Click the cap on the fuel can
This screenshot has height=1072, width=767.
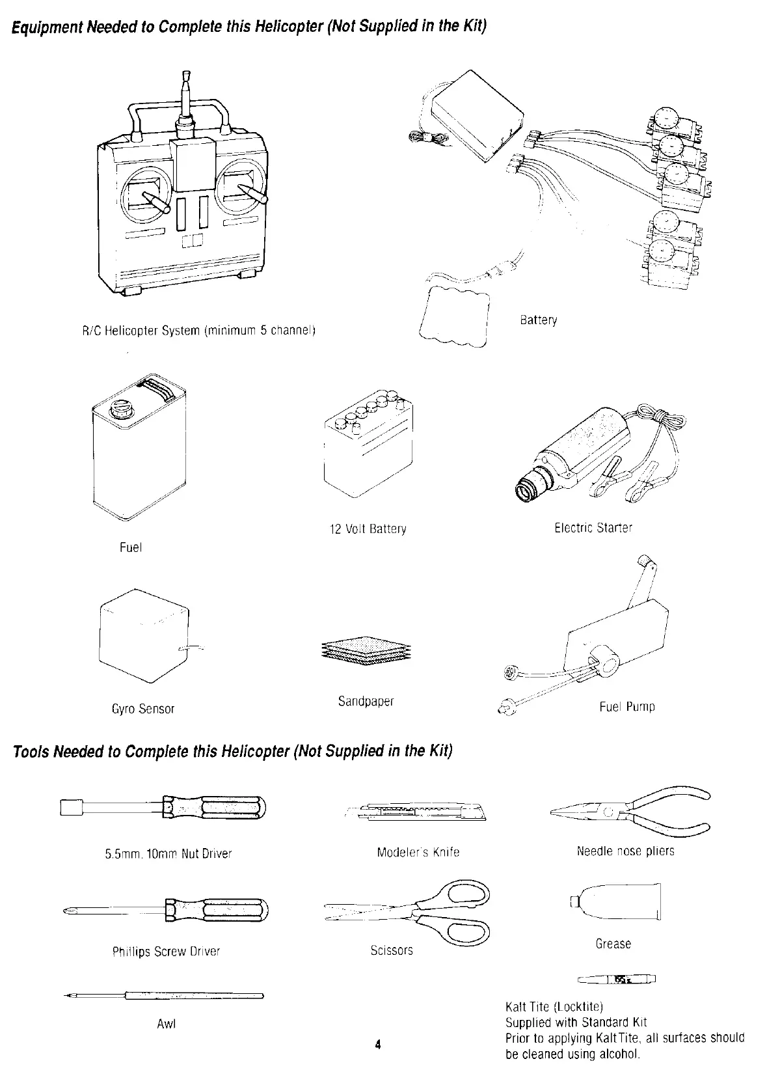120,409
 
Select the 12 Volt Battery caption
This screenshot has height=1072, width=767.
368,529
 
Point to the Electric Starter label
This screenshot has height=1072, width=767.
593,527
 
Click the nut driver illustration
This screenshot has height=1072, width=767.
163,808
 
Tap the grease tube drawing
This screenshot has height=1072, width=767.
618,901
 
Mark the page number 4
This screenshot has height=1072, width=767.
377,1045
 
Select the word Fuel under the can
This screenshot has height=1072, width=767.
131,547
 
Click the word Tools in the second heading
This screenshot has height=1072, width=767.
31,751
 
